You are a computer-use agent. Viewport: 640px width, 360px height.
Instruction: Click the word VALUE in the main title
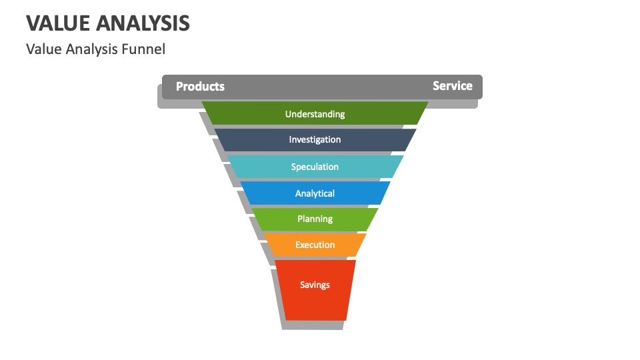(58, 23)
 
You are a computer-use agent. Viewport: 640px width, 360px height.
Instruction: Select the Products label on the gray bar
(200, 87)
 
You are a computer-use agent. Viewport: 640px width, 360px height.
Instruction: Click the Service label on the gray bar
(452, 86)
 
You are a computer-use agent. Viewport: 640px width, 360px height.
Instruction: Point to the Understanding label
(315, 114)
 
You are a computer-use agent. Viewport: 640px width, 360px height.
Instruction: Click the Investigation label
(315, 140)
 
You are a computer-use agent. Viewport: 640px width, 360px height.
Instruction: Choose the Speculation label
(315, 167)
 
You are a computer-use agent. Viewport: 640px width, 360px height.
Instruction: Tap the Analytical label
(315, 193)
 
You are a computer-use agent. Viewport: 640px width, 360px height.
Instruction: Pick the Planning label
(315, 219)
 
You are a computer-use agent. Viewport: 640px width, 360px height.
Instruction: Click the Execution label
(315, 245)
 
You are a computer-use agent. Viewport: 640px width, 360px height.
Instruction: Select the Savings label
(315, 285)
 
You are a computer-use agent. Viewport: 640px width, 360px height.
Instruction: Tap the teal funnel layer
(260, 167)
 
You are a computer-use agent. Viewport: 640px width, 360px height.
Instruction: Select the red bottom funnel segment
(315, 303)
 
